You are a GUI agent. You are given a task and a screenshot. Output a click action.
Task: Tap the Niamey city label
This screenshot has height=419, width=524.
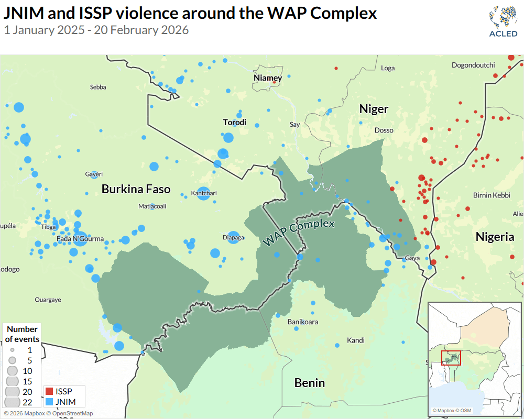[268, 78]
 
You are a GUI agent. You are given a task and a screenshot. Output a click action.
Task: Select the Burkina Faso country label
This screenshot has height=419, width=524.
[136, 189]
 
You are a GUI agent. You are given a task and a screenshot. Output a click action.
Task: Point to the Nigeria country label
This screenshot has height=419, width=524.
[495, 237]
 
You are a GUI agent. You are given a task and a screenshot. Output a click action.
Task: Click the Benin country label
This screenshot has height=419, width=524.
[309, 383]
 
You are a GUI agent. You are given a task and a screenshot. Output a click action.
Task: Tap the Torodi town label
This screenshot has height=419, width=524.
[234, 123]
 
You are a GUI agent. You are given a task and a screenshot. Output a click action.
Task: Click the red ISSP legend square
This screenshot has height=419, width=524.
[49, 391]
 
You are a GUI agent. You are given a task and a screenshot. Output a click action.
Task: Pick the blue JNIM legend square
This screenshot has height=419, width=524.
[49, 402]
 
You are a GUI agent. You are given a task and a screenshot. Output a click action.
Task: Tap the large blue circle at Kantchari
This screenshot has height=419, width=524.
[204, 193]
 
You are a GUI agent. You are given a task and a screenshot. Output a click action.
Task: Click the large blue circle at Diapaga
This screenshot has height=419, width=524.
[233, 237]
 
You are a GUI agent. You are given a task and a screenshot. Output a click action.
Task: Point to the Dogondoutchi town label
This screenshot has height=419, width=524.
[473, 65]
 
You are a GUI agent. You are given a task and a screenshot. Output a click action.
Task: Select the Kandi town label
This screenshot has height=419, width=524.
[356, 340]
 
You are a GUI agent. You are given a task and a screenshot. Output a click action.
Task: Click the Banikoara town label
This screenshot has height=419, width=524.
[303, 322]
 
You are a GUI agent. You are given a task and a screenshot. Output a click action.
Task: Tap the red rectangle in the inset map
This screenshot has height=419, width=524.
[451, 358]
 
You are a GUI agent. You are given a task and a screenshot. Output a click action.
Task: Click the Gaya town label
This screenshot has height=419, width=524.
[412, 258]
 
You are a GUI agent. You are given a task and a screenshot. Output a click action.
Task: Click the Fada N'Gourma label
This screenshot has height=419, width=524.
[80, 239]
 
